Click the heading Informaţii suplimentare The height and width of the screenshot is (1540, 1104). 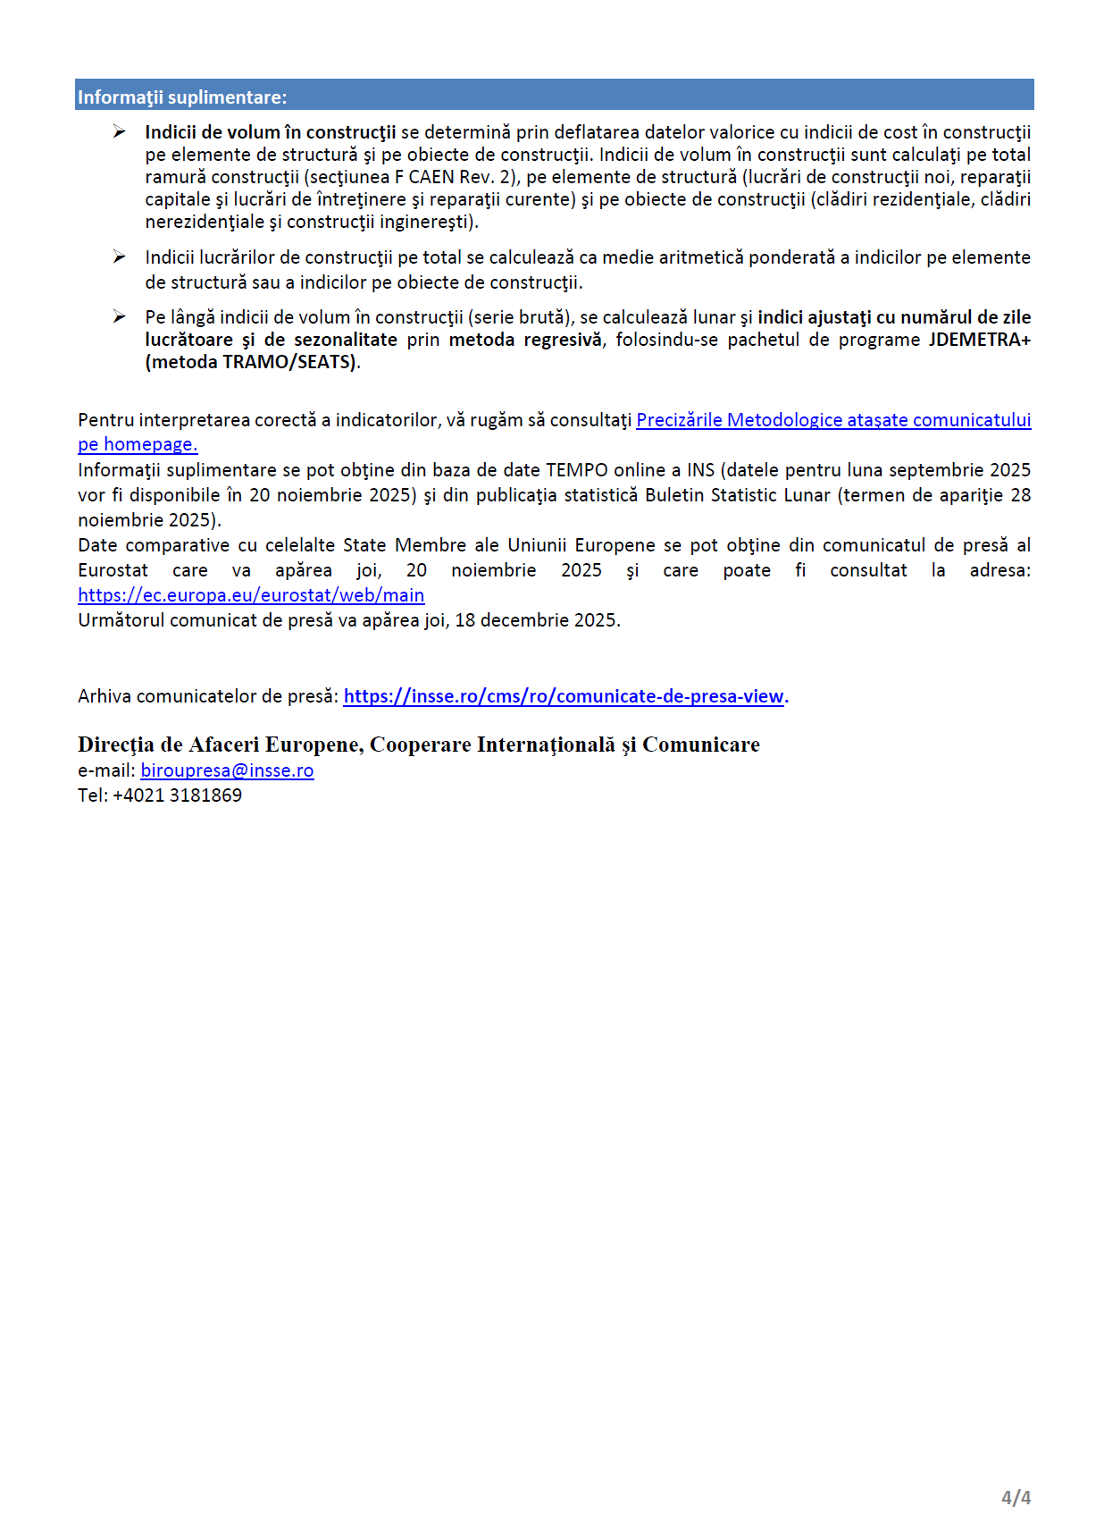[182, 97]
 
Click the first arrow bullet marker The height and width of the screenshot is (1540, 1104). [119, 132]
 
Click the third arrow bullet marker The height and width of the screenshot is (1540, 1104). [119, 316]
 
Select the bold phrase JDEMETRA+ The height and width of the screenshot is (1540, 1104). [979, 340]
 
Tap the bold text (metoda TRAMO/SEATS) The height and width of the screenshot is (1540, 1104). [252, 362]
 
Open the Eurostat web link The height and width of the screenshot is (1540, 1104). [251, 595]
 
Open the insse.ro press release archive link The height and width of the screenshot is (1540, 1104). [564, 696]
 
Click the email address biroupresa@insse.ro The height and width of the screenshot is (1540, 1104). [227, 770]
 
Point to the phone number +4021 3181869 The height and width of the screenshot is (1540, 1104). [177, 795]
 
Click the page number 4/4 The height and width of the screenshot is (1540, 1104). [1016, 1497]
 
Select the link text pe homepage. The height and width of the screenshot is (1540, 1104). [138, 444]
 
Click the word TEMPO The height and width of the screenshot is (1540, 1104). [576, 470]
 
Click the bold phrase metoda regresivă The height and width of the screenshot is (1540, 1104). [525, 340]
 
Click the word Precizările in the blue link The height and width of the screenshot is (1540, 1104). [679, 420]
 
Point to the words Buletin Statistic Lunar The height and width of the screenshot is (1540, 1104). [738, 495]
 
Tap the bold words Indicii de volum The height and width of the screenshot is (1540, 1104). [213, 132]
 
